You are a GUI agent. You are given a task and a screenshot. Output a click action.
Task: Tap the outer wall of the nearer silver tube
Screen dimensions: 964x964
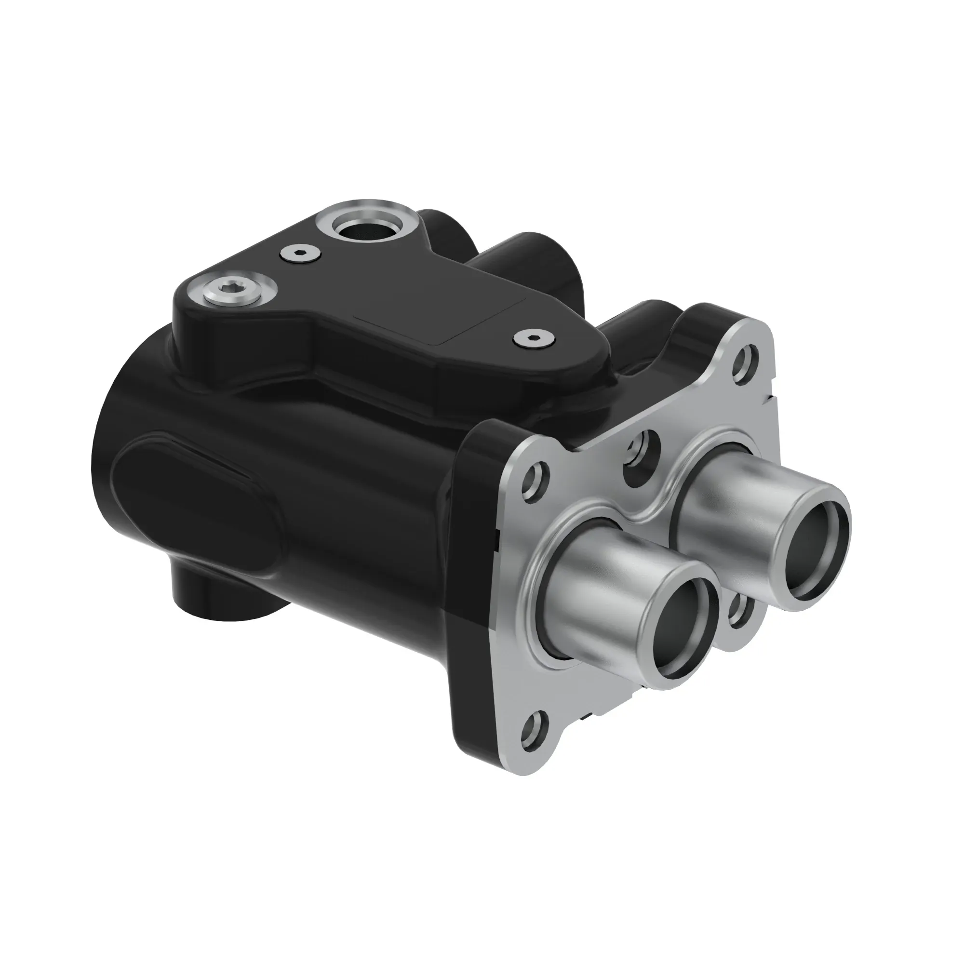[599, 589]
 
